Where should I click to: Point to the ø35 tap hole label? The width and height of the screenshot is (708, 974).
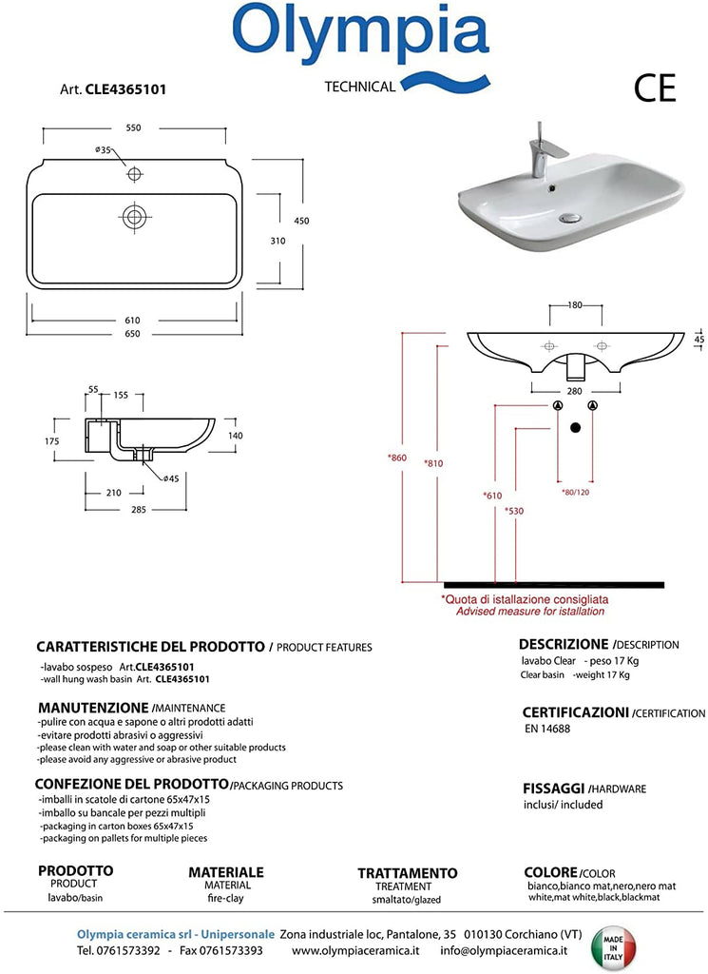point(103,150)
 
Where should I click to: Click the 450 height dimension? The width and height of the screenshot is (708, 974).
point(301,221)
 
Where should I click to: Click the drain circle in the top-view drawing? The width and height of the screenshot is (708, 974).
point(134,217)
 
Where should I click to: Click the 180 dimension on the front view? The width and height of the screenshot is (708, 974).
point(575,306)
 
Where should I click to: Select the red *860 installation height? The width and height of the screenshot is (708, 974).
point(396,458)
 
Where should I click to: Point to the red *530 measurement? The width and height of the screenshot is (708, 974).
point(514,511)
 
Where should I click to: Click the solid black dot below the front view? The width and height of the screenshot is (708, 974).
point(575,427)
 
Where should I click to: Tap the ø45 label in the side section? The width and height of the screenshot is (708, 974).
point(171,478)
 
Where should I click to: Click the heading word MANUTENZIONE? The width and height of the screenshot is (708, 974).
point(93,709)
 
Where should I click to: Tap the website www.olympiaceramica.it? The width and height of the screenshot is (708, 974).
point(354,949)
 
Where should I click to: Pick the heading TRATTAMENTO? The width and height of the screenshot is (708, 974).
point(407,873)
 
